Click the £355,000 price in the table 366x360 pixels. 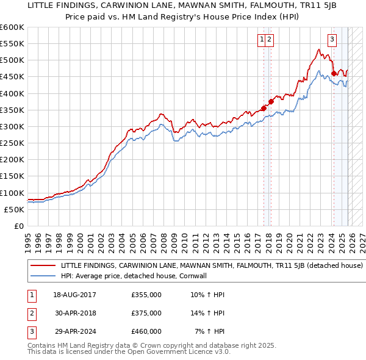point(146,295)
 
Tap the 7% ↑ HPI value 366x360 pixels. point(209,331)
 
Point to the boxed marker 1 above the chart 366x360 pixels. point(262,40)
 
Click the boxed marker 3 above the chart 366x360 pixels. point(332,40)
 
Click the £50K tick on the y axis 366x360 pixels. point(15,209)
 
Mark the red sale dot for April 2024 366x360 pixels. point(334,74)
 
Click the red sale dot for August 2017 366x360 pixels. point(264,108)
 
